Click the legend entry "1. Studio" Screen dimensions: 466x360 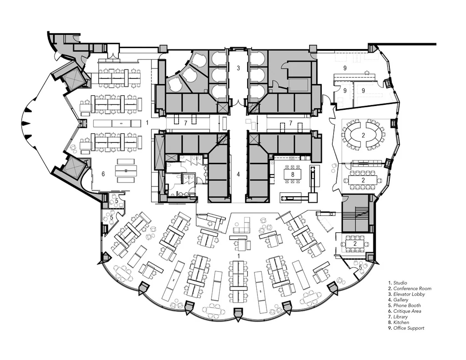397,283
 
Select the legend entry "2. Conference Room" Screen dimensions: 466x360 410,288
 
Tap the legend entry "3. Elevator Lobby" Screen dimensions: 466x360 406,294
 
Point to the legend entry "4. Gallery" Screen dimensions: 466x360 398,300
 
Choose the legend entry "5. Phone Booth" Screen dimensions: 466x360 404,305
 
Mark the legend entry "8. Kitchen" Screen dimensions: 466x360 399,322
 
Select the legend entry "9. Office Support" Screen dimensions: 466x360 406,328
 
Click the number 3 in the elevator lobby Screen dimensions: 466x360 238,68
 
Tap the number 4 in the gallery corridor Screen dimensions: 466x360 238,174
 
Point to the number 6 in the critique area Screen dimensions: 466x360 103,174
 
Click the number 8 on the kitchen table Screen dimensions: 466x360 293,175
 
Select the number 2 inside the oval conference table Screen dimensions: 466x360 363,136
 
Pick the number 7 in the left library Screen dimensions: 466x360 186,123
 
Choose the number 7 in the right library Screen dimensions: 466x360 290,123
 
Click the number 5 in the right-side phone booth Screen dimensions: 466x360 360,268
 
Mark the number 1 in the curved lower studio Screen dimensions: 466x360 238,255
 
